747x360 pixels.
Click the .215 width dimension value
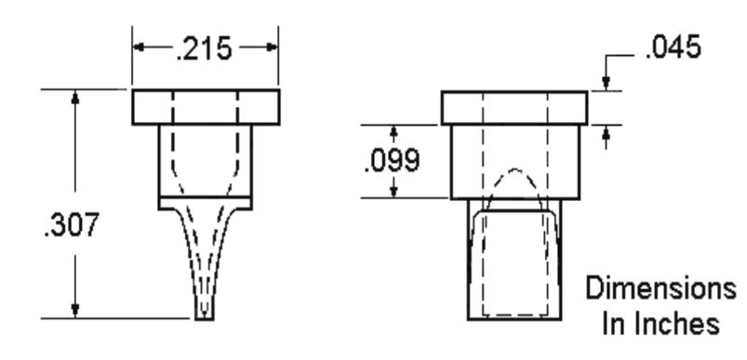(x=204, y=48)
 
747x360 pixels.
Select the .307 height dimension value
(x=72, y=224)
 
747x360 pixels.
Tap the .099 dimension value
(x=392, y=161)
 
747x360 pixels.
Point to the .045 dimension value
(x=674, y=47)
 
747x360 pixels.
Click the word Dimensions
(x=660, y=288)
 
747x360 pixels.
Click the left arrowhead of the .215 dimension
(x=139, y=47)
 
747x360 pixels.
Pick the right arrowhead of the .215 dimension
(x=272, y=47)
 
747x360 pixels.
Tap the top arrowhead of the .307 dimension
(x=74, y=96)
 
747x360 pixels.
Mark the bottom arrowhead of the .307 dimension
(x=74, y=311)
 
